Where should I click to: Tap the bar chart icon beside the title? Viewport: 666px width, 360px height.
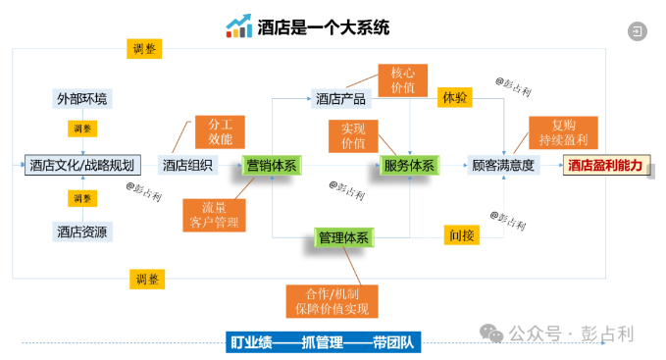point(238,26)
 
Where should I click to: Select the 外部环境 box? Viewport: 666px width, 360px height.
point(83,99)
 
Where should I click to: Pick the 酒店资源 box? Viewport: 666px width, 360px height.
point(83,231)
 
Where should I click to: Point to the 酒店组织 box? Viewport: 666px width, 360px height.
point(187,165)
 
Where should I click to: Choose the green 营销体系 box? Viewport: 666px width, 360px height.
point(272,165)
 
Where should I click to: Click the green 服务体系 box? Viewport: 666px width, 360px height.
point(408,165)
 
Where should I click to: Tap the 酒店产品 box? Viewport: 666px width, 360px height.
point(340,99)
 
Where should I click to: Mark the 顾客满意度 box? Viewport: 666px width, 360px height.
point(503,165)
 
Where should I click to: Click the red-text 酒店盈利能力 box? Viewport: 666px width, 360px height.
point(606,165)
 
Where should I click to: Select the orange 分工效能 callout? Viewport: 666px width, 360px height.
point(220,131)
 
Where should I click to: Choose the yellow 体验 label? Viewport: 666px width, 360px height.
point(455,98)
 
